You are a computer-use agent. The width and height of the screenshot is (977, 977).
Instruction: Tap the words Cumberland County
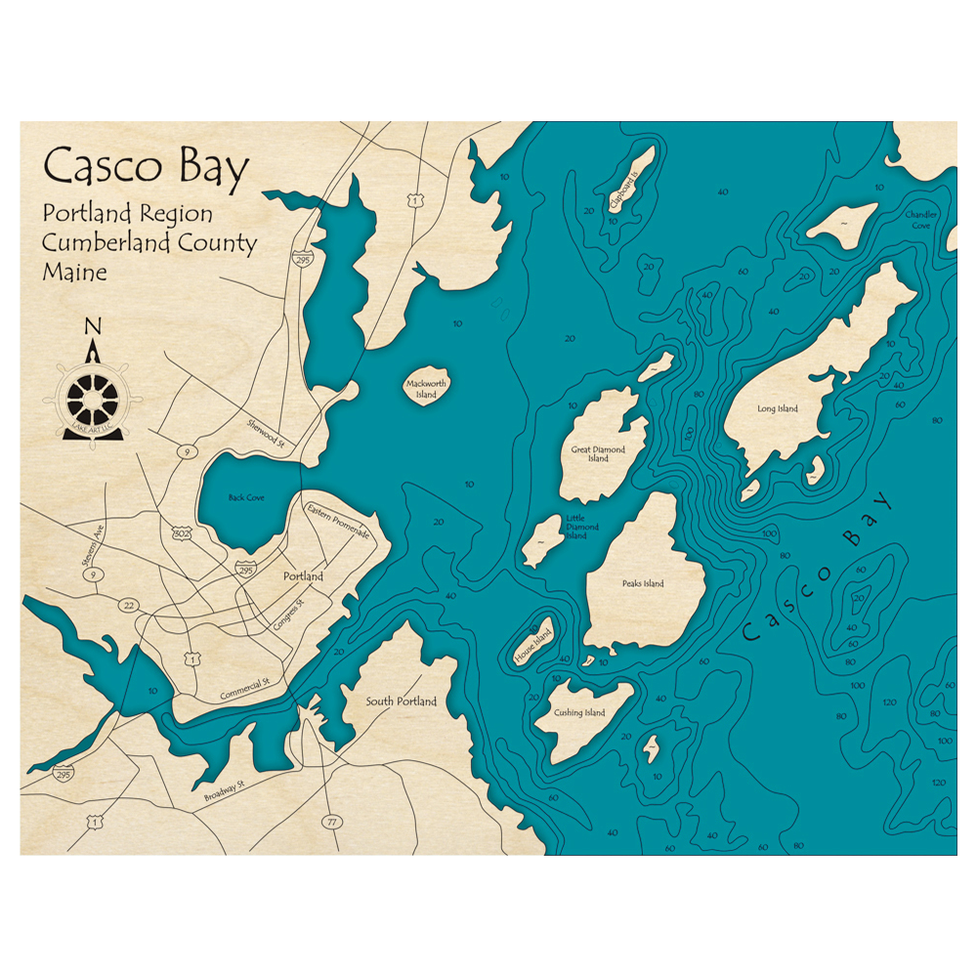149,243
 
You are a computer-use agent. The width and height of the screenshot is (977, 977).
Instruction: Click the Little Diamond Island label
576,529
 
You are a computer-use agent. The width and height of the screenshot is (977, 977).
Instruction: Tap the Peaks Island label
643,584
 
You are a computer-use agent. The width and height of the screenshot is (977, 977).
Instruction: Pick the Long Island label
778,408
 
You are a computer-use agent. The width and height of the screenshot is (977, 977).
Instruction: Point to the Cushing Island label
580,713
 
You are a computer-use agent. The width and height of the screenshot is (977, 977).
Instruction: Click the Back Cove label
246,497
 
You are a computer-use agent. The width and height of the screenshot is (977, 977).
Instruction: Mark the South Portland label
402,701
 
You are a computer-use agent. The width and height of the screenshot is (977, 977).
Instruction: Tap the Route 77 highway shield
333,822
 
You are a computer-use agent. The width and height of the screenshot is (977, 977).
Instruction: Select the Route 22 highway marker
128,606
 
